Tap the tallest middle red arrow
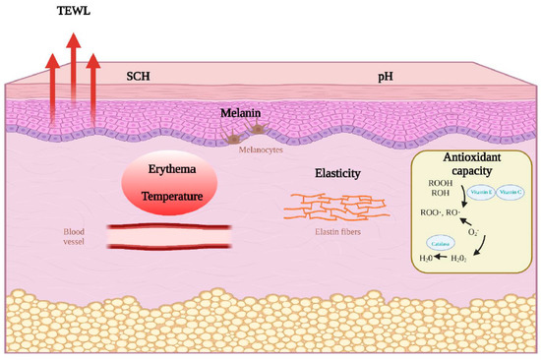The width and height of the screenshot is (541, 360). (73, 79)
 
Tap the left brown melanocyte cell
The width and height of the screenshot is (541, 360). (235, 139)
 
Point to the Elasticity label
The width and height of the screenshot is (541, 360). (336, 174)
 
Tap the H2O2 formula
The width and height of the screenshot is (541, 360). (463, 261)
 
